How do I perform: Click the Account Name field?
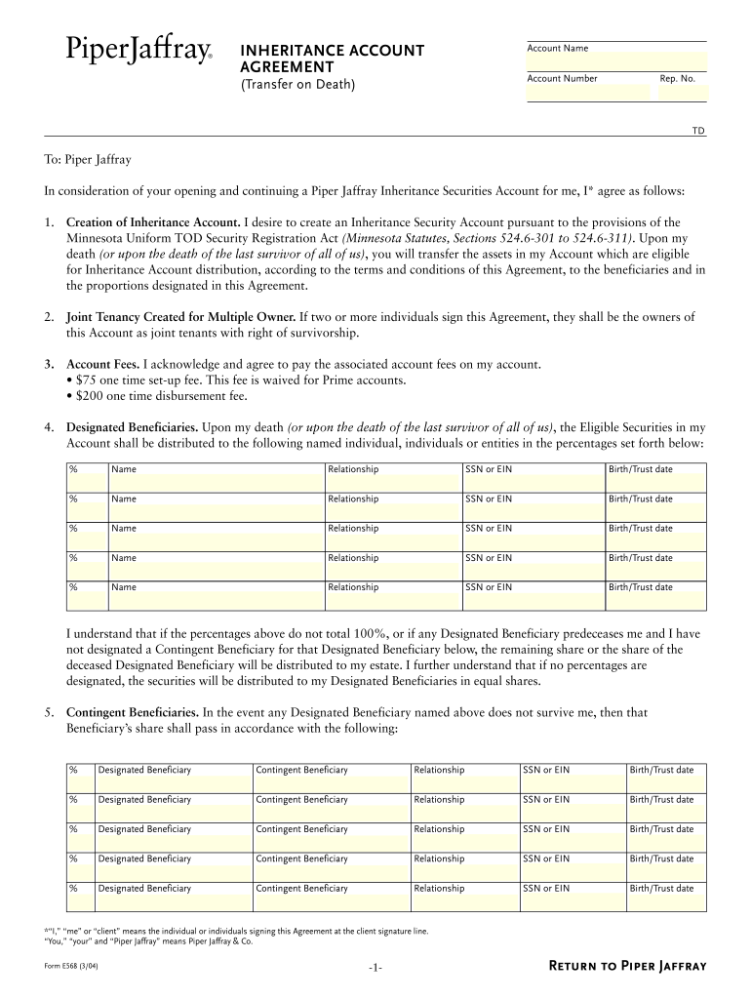tap(615, 60)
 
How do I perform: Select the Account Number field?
tap(588, 92)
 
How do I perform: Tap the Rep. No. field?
tap(681, 92)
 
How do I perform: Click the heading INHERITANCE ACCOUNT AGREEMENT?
tap(333, 59)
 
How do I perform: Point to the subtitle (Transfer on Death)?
tap(298, 85)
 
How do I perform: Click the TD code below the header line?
tap(698, 130)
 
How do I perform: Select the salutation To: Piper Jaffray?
tap(88, 159)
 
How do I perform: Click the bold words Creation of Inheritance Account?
tap(153, 222)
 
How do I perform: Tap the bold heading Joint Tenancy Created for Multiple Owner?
tap(180, 317)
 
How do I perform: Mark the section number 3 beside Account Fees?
tap(48, 365)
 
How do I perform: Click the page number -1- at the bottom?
tap(375, 967)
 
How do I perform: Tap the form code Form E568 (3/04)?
tap(72, 966)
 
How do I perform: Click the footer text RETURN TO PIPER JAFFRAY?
tap(628, 966)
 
